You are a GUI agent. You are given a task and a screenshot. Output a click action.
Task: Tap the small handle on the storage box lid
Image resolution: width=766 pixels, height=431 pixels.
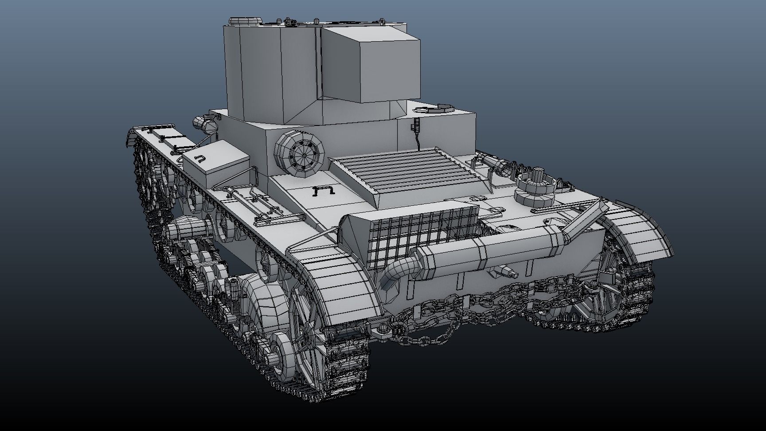[x=200, y=158]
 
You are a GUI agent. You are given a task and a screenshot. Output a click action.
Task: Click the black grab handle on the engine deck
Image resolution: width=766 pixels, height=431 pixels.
[x=323, y=191]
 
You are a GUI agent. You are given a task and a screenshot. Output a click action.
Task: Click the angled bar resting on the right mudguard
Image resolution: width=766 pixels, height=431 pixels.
[x=585, y=217]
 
